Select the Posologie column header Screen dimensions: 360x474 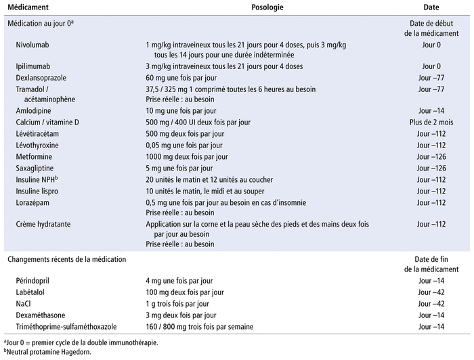coord(266,7)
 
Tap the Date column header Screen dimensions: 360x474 coord(431,7)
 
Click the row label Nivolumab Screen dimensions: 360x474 coord(35,45)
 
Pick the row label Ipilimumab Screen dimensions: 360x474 coord(35,66)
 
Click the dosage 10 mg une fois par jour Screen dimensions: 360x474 coord(181,110)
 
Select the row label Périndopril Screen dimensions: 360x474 coord(35,280)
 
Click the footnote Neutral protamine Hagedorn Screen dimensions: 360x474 coord(48,352)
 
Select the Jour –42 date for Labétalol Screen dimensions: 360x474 coord(431,292)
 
